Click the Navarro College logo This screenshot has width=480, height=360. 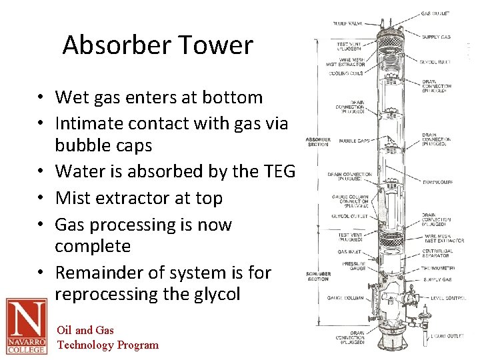point(26,326)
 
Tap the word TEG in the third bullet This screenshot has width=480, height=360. point(279,171)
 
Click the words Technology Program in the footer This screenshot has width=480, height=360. point(108,345)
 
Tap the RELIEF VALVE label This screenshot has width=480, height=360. point(347,23)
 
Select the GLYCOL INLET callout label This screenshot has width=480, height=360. point(435,61)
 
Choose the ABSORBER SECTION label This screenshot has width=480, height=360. point(318,142)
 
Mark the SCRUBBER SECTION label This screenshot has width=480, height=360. point(318,275)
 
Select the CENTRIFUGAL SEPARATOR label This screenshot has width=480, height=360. point(437,255)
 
